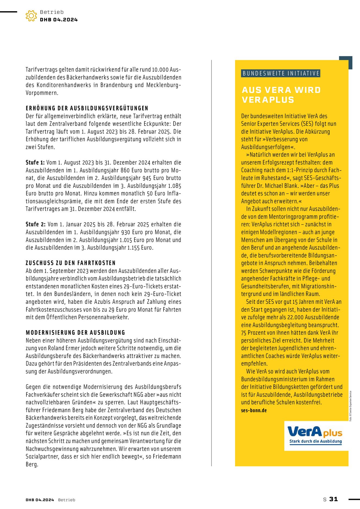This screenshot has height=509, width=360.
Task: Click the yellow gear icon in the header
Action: pos(31,16)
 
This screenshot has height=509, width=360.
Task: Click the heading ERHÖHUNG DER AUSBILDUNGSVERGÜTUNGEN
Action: pos(87,108)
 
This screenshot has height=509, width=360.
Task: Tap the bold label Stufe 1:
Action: pos(35,163)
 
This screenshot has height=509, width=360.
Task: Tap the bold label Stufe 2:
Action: pos(36,225)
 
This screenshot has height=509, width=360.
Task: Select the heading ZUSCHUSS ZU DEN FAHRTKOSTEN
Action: pos(71,263)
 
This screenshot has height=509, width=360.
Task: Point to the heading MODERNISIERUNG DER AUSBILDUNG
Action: pos(75,333)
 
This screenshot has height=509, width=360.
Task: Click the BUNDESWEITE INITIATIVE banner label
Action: pos(281,74)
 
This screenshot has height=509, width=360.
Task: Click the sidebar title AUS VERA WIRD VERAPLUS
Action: pos(281,95)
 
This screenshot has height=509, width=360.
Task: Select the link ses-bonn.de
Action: pos(254,410)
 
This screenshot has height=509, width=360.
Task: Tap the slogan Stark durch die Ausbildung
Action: pos(315,441)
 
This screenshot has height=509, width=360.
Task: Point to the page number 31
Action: pos(333,499)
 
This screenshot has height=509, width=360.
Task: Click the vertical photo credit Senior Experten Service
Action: pos(350,406)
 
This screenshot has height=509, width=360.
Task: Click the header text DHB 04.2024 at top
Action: pos(59,20)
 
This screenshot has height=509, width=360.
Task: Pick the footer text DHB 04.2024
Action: pos(40,500)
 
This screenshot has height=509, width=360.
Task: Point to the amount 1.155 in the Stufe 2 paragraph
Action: pos(134,248)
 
